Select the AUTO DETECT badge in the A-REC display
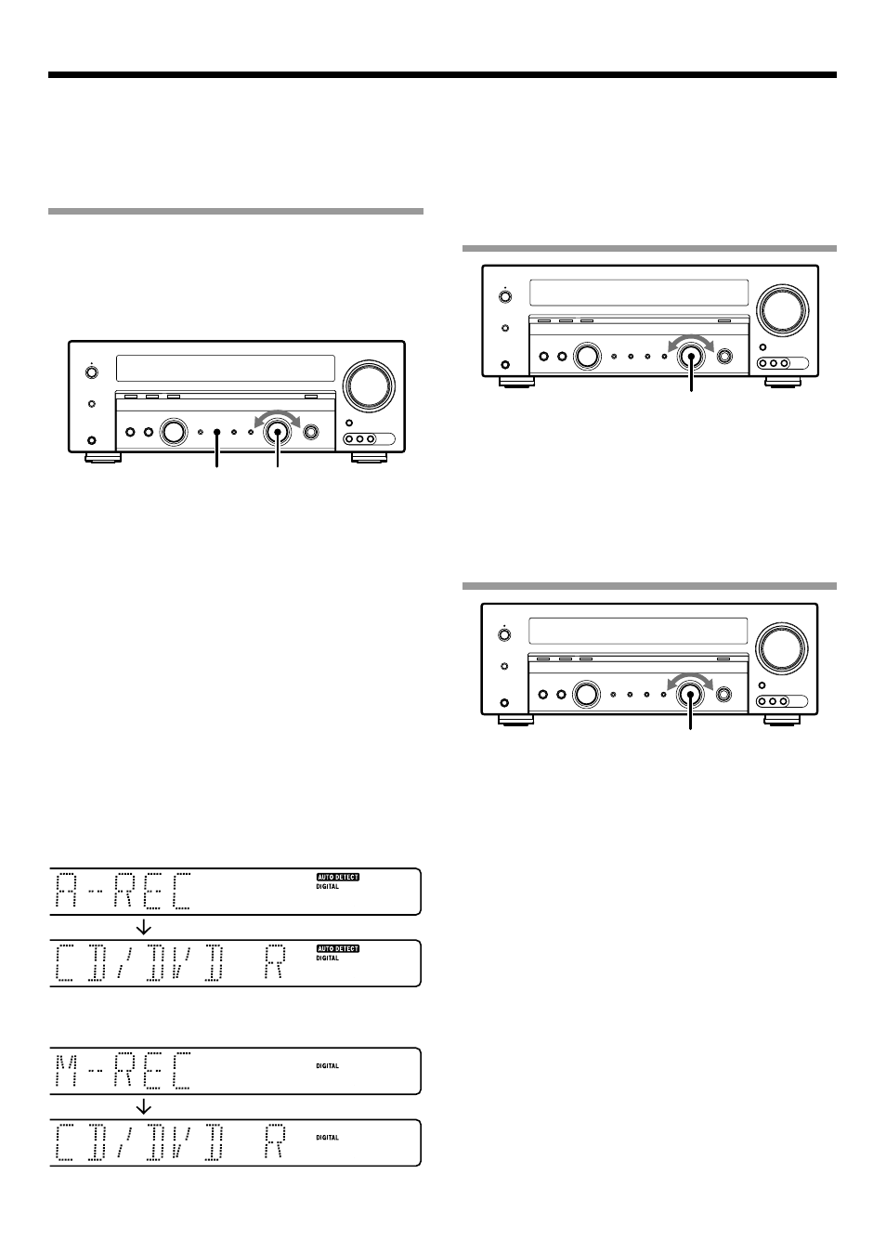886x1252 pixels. pyautogui.click(x=338, y=877)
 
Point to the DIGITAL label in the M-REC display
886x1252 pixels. pyautogui.click(x=328, y=1066)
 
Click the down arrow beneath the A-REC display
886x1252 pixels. pyautogui.click(x=144, y=928)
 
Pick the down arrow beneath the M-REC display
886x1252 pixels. pyautogui.click(x=144, y=1107)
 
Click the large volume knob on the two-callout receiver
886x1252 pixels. pyautogui.click(x=369, y=386)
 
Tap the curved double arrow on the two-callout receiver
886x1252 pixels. pyautogui.click(x=278, y=416)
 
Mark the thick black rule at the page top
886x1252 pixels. pyautogui.click(x=442, y=75)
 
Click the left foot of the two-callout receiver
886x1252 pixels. pyautogui.click(x=103, y=458)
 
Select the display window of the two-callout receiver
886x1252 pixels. pyautogui.click(x=226, y=369)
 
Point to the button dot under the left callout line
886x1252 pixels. pyautogui.click(x=217, y=432)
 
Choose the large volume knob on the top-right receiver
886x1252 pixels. pyautogui.click(x=783, y=310)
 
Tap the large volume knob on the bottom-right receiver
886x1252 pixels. pyautogui.click(x=781, y=648)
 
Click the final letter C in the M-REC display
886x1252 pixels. pyautogui.click(x=181, y=1069)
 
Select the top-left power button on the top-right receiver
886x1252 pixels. pyautogui.click(x=505, y=296)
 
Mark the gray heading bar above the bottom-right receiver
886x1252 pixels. pyautogui.click(x=649, y=586)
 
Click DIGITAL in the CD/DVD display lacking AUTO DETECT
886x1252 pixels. pyautogui.click(x=328, y=1138)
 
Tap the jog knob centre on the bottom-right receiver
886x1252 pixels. pyautogui.click(x=690, y=694)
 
